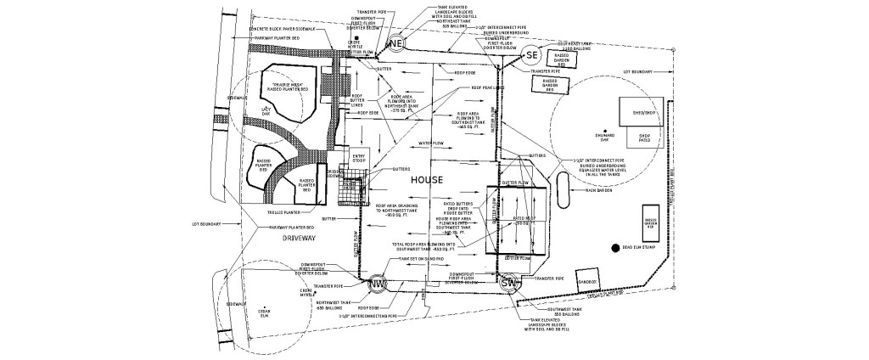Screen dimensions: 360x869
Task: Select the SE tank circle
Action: pos(531,55)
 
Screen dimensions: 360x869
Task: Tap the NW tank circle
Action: pos(378,283)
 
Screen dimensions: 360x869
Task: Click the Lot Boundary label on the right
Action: pos(636,71)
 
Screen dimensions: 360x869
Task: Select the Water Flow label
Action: pos(433,143)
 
